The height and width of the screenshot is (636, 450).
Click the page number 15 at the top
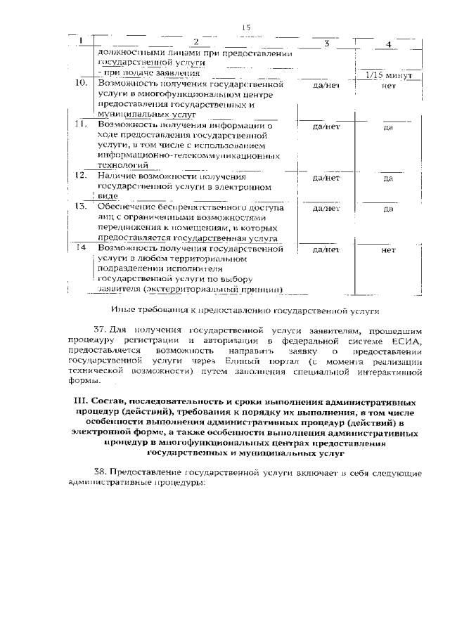point(246,27)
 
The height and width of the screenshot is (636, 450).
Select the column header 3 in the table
point(327,44)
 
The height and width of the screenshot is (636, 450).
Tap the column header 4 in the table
point(389,46)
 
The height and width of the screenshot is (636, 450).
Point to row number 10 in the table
point(81,84)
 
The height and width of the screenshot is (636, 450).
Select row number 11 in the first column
point(80,124)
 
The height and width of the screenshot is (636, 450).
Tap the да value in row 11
point(388,129)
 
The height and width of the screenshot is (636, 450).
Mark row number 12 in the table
point(81,174)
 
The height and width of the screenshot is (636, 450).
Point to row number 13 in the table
point(81,207)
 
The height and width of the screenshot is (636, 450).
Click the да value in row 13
point(388,209)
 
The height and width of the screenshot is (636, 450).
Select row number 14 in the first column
point(82,247)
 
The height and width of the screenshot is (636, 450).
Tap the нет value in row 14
point(388,249)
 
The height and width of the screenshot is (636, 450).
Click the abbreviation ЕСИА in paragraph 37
point(406,340)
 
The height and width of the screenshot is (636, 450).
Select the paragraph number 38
point(101,474)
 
